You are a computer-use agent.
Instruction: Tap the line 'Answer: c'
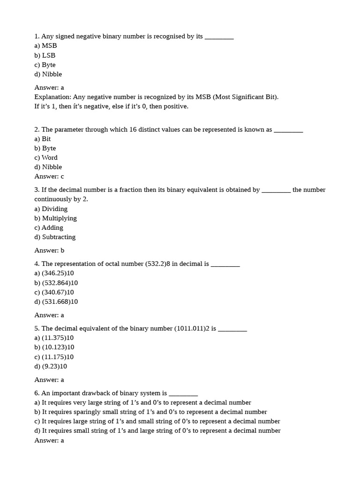[49, 177]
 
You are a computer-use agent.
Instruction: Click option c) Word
[46, 157]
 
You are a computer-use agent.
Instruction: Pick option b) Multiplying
[55, 218]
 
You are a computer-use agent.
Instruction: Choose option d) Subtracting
[55, 237]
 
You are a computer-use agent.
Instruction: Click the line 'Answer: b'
[49, 250]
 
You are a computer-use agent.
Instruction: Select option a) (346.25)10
[54, 273]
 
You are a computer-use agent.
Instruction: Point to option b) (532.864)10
[56, 283]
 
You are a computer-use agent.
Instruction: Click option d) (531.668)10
[56, 302]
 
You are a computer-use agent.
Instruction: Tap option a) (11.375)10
[54, 338]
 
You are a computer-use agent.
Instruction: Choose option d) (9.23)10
[51, 367]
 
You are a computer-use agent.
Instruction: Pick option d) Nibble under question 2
[48, 167]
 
